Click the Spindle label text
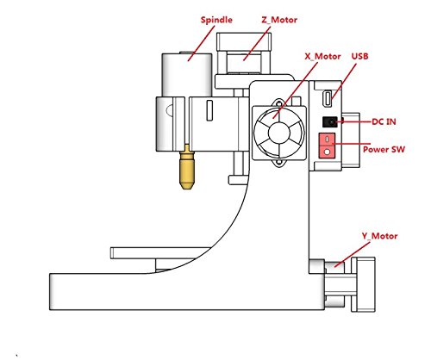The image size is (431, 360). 216,20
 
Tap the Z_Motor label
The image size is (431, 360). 279,20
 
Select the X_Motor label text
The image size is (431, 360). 322,56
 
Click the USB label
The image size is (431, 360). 359,56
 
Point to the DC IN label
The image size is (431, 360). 384,121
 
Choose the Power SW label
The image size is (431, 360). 384,149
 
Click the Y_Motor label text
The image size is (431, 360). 379,236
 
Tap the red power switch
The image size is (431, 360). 327,146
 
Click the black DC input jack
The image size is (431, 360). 330,122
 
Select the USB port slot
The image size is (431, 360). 328,99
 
